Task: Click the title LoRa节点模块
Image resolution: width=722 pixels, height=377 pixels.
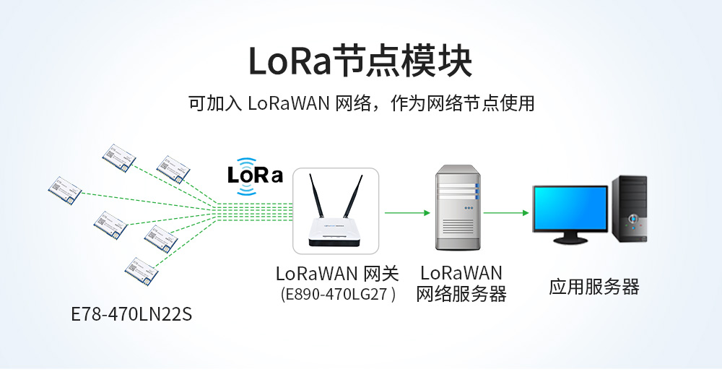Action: coord(360,61)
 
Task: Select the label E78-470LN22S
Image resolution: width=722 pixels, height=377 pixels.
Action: coord(132,315)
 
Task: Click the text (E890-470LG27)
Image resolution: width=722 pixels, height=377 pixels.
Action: coord(337,295)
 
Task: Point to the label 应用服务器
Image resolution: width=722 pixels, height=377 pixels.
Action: coord(593,287)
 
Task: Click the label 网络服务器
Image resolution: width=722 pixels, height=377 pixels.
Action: coord(461,295)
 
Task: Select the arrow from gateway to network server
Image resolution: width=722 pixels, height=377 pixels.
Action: coord(407,213)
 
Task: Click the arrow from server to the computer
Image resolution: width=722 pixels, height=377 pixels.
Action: coord(506,213)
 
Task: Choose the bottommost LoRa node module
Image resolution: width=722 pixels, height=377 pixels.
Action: coord(142,267)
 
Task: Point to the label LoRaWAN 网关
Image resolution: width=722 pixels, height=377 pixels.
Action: coord(337,274)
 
